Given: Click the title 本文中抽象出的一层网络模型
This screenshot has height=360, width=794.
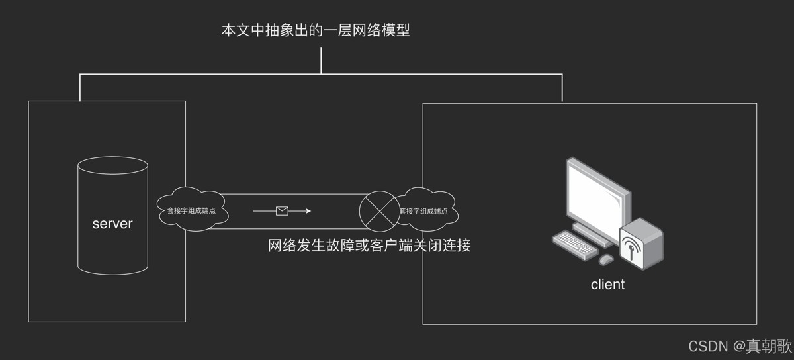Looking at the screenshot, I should pyautogui.click(x=316, y=30).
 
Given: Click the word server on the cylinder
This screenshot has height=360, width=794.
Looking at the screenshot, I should pyautogui.click(x=112, y=224).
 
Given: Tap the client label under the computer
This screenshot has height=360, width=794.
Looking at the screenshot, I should pyautogui.click(x=607, y=285).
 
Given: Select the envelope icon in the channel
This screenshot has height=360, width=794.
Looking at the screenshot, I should pyautogui.click(x=283, y=211).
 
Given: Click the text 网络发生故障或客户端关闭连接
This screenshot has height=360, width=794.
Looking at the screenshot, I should pyautogui.click(x=369, y=246).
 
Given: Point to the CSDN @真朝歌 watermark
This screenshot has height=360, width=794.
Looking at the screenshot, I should pyautogui.click(x=739, y=346).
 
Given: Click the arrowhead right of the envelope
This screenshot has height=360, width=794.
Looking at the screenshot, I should pyautogui.click(x=308, y=211).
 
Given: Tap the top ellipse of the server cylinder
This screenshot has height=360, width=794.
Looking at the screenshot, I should pyautogui.click(x=112, y=166).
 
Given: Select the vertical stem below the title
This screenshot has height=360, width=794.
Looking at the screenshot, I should pyautogui.click(x=321, y=60).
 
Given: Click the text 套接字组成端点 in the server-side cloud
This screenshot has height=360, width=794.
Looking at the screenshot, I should pyautogui.click(x=192, y=212).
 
